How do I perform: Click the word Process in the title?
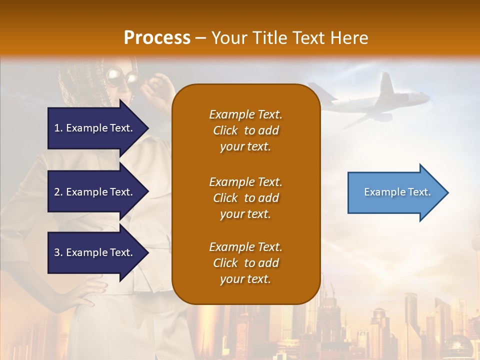click(157, 38)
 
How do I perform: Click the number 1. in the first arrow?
click(58, 128)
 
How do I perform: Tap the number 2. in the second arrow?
click(58, 192)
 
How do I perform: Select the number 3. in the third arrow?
click(58, 252)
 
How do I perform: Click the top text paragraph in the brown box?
click(245, 130)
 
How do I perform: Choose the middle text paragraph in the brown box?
click(245, 198)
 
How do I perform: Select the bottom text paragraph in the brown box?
click(245, 263)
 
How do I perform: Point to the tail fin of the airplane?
click(386, 85)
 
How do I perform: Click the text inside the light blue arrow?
click(397, 192)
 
